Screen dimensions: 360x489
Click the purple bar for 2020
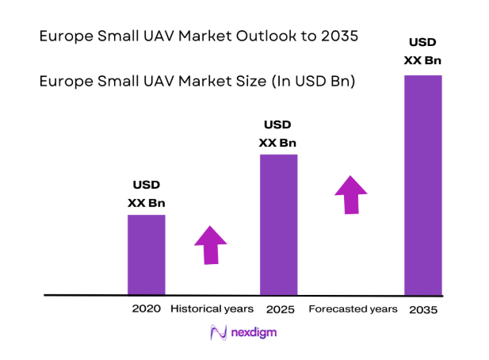[x=147, y=255]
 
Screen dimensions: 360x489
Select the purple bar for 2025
[x=278, y=224]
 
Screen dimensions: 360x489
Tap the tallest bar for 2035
[x=423, y=184]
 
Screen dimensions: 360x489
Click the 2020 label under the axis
[x=147, y=308]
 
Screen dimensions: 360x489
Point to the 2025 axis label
[x=278, y=308]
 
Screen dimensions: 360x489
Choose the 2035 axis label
[x=423, y=309]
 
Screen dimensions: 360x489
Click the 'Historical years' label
[x=212, y=308]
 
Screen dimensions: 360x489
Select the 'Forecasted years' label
[x=353, y=308]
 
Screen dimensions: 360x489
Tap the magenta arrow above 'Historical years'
[x=211, y=245]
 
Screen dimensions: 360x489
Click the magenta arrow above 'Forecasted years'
[x=350, y=195]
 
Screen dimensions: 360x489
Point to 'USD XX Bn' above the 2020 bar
[x=147, y=194]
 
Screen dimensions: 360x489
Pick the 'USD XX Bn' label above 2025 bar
[x=278, y=133]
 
